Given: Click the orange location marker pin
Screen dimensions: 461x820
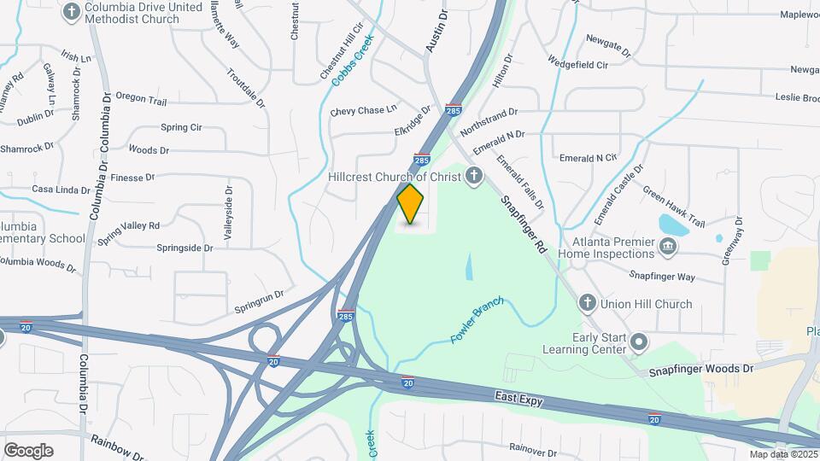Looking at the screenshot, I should click(411, 203).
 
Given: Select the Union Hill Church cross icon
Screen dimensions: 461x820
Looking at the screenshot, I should click(587, 303).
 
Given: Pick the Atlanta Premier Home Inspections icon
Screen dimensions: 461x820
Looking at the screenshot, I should click(669, 248).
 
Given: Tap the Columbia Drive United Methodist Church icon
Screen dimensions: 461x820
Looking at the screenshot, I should click(72, 12).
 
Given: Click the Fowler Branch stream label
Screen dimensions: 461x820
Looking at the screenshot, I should click(477, 320).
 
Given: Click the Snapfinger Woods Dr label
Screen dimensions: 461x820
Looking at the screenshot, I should click(701, 370).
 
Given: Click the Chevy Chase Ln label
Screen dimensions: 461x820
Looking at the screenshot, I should click(364, 110).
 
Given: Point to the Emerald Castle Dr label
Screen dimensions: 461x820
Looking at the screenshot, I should click(617, 195).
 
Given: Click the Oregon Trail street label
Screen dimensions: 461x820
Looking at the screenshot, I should click(140, 99).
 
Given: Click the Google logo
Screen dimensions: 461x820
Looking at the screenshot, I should click(28, 451).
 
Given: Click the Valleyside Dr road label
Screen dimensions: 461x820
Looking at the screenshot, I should click(228, 213).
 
